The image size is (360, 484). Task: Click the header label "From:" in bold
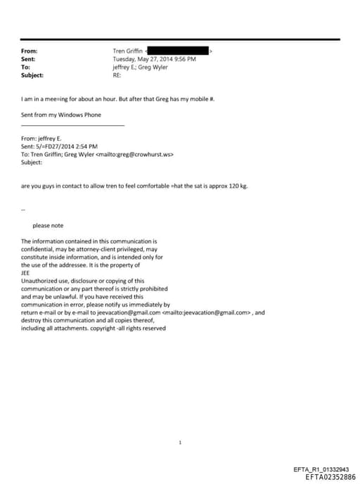coord(30,51)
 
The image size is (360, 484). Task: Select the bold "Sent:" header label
coord(29,59)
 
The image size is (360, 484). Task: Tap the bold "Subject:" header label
coord(32,75)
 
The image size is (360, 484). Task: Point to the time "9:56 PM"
coord(184,59)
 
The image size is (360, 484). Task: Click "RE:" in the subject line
coord(117,75)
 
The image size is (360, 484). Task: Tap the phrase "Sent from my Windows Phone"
coord(58,114)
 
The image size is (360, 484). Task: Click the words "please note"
coord(48,225)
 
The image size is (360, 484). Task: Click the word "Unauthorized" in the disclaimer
coord(41,281)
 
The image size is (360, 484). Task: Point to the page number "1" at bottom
coord(181,442)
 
